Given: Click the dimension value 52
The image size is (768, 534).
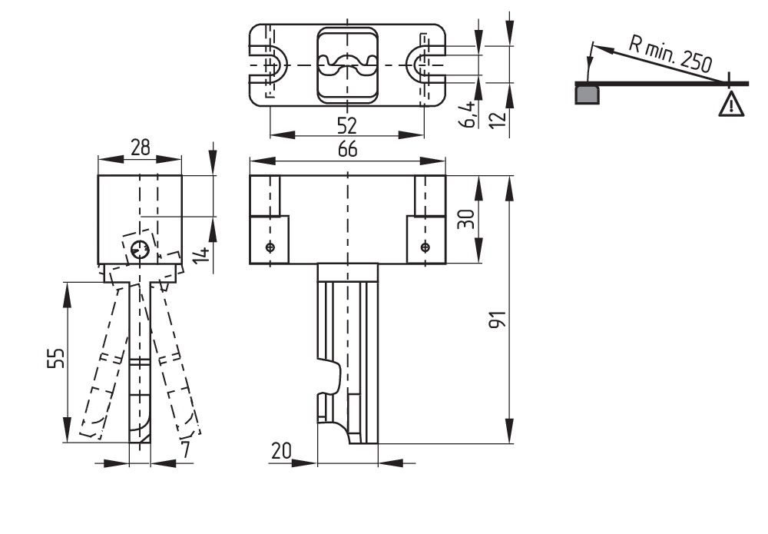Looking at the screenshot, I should tap(347, 124).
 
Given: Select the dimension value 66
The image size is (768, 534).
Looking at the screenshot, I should tap(347, 151).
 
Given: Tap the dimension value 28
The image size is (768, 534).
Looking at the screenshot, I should tap(140, 148).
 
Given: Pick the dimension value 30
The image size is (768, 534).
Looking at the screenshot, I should tap(467, 219).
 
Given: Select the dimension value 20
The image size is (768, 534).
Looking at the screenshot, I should tap(281, 452).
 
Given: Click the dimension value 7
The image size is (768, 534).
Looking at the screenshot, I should tap(185, 450).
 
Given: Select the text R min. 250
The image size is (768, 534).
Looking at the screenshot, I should tap(669, 53).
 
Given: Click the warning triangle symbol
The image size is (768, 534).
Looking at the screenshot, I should tap(731, 104).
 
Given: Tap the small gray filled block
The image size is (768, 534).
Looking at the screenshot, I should tap(588, 94).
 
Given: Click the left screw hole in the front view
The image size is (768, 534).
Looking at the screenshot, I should tap(270, 247).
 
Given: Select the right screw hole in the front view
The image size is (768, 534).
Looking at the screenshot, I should tap(425, 247).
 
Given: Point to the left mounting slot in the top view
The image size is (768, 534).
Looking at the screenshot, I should tap(270, 65).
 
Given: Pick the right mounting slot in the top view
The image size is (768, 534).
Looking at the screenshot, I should tap(425, 65).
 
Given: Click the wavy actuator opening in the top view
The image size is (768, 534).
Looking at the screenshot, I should tap(347, 65).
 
